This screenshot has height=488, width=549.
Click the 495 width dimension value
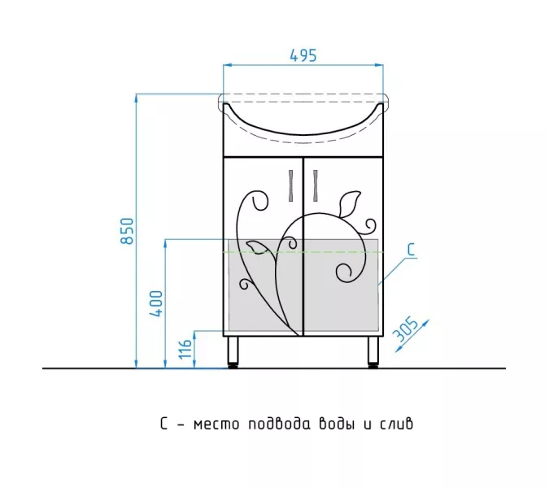(x=303, y=55)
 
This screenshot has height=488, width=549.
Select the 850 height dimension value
(x=127, y=231)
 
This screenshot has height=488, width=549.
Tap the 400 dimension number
(x=156, y=303)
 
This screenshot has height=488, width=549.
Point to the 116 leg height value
(x=185, y=349)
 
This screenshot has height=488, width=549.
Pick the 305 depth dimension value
(x=405, y=329)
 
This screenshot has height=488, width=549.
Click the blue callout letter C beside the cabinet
(x=411, y=250)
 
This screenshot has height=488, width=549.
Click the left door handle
(x=291, y=186)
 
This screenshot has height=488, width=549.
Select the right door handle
(x=315, y=186)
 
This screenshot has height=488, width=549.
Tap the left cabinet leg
(x=233, y=352)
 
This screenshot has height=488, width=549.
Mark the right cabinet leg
(x=373, y=352)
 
